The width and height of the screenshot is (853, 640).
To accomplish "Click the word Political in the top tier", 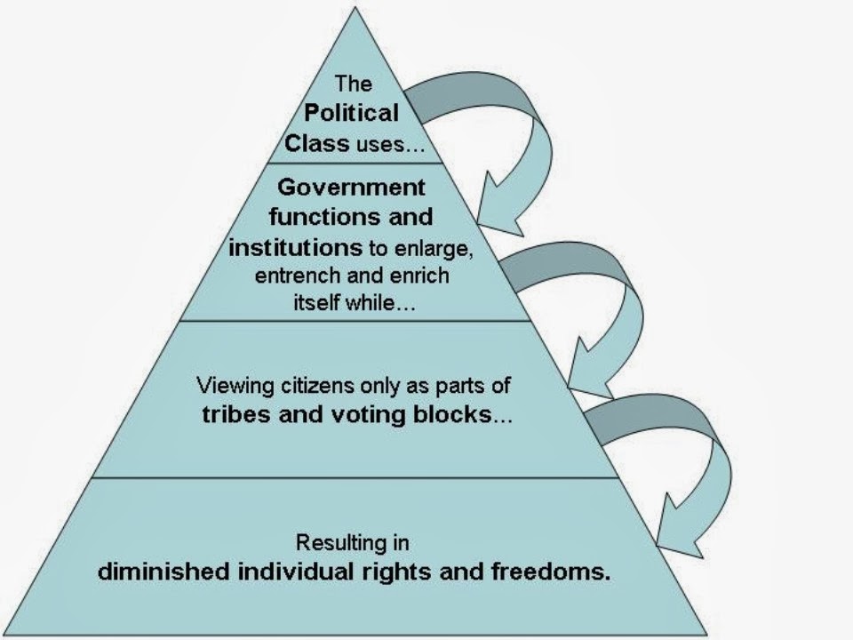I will (352, 114).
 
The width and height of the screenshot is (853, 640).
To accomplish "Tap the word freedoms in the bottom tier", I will (553, 571).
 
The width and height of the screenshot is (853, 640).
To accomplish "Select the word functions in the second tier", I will (306, 217).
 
